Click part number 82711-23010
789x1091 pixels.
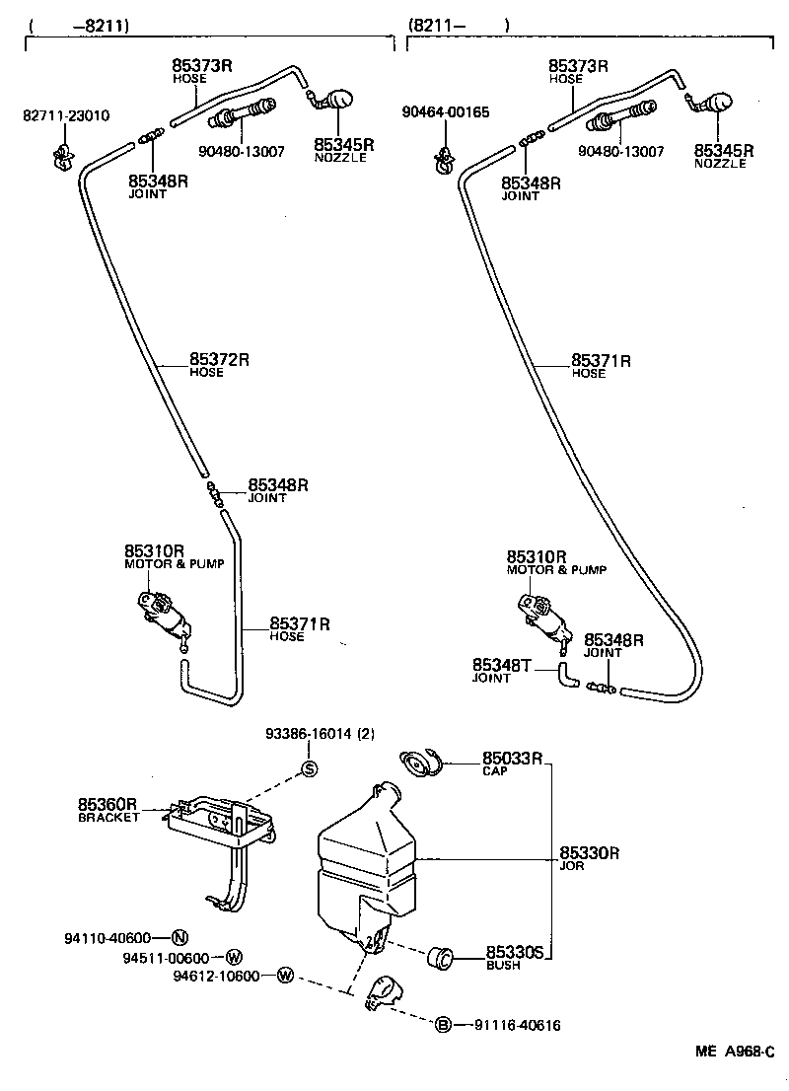point(66,115)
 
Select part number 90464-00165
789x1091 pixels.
point(445,112)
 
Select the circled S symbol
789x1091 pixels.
point(308,770)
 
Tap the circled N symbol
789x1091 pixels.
point(179,937)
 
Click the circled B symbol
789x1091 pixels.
point(444,1025)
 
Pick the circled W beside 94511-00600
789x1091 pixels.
point(234,957)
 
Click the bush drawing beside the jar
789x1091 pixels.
point(439,955)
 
